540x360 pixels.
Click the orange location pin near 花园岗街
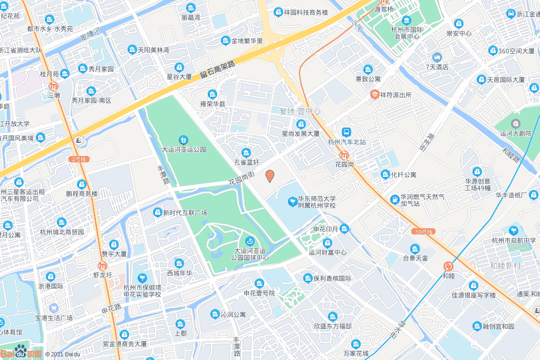[269, 176]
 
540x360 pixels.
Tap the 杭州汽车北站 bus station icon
[347, 132]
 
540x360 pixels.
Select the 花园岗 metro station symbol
[344, 155]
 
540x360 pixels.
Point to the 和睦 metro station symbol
[448, 267]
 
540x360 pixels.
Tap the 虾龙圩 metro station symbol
[103, 266]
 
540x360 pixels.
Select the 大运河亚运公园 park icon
[184, 140]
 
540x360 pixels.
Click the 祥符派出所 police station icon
[374, 95]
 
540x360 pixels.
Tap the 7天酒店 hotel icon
[437, 57]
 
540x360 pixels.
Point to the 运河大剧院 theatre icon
[516, 123]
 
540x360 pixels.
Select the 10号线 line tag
[423, 231]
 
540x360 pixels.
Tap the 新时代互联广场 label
[185, 213]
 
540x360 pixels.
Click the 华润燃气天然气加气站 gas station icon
[395, 199]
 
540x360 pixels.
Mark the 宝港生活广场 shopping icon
[53, 307]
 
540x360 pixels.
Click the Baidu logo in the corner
[21, 353]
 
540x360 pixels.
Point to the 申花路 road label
[111, 310]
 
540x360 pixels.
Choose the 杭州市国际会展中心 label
[406, 33]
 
